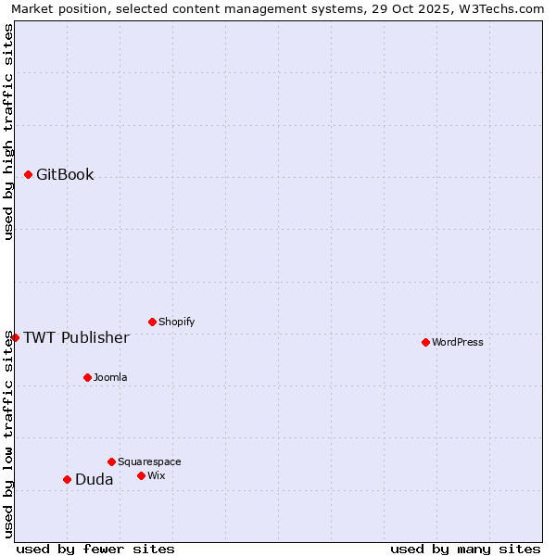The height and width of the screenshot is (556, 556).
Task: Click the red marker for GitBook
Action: click(x=28, y=174)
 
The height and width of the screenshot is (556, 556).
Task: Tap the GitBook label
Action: click(x=65, y=174)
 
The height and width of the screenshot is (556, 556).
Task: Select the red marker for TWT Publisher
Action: click(x=15, y=337)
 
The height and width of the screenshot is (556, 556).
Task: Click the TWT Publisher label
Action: click(x=76, y=337)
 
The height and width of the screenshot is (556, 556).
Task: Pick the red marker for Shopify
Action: click(x=152, y=322)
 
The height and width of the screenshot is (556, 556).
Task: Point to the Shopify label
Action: click(x=176, y=322)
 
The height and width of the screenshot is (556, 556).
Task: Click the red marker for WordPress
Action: click(x=425, y=342)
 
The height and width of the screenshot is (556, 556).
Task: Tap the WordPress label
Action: click(x=458, y=342)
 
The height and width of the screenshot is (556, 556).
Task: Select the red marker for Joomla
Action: click(x=87, y=377)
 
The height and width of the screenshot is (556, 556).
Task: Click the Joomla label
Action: click(x=110, y=377)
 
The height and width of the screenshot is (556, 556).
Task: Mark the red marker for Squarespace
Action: click(x=111, y=461)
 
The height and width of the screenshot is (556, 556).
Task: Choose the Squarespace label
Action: click(x=149, y=461)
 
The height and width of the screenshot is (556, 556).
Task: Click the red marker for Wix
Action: click(x=141, y=475)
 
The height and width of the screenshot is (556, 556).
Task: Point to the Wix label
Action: click(x=157, y=475)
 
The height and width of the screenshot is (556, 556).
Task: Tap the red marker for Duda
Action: click(x=67, y=479)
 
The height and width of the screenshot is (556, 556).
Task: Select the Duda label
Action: click(x=95, y=479)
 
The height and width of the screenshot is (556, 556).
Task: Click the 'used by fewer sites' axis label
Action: click(x=95, y=549)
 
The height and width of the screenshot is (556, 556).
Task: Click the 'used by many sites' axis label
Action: click(x=465, y=549)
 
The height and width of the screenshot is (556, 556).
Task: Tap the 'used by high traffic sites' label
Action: click(x=9, y=132)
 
